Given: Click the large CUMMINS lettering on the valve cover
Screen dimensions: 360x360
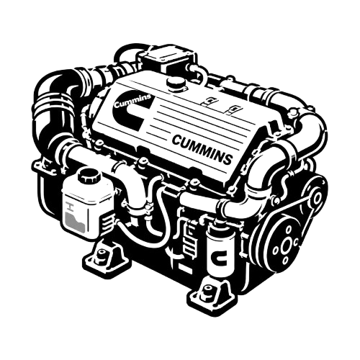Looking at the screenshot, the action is (202, 149).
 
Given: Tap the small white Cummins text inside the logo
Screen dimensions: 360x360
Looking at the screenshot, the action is (132, 101).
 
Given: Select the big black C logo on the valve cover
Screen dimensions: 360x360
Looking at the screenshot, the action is (130, 112).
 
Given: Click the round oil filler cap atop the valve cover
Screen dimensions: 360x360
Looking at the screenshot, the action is (176, 84).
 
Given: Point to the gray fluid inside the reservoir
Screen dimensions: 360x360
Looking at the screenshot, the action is (74, 222).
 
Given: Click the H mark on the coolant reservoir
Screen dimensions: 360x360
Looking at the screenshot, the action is (70, 207).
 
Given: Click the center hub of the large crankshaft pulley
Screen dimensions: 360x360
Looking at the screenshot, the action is (287, 245).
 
